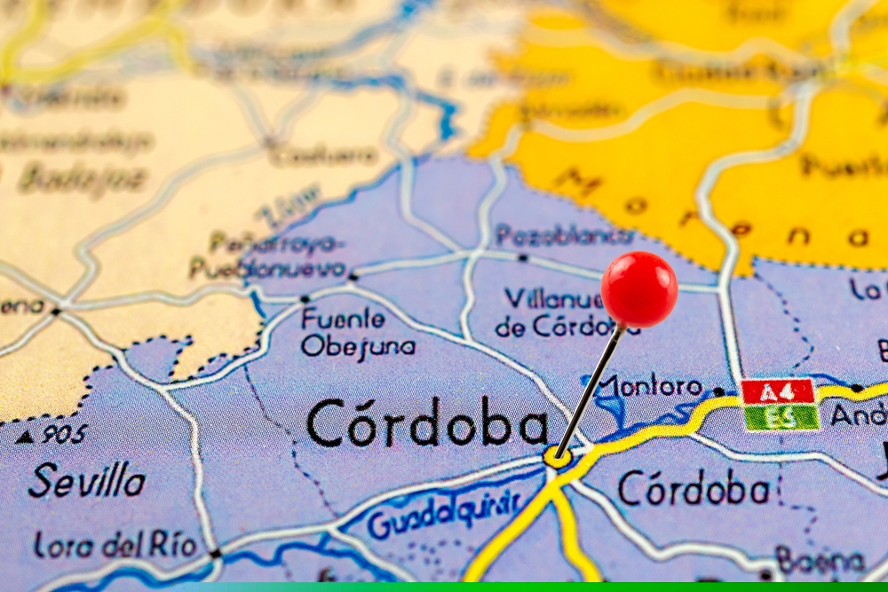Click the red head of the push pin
tap(638, 288)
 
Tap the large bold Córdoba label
tap(427, 422)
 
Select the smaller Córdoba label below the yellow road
tap(694, 488)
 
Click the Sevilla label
tap(86, 481)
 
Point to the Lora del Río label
tap(115, 545)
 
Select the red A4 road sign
tap(778, 391)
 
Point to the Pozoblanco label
tap(565, 236)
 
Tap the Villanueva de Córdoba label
tap(555, 312)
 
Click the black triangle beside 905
tap(25, 436)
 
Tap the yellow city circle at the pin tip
tap(557, 457)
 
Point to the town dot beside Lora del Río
tap(215, 553)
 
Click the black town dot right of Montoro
tap(718, 391)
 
